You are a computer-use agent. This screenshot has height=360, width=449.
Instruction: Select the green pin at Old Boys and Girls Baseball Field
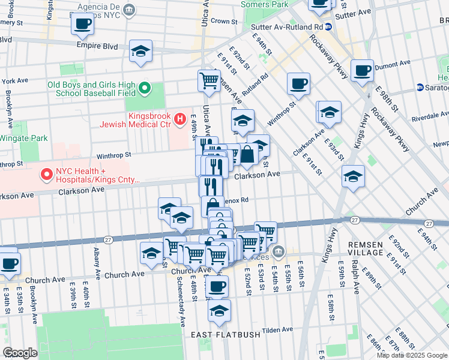145,89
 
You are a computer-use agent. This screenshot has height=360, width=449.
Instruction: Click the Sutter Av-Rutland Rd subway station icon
328,27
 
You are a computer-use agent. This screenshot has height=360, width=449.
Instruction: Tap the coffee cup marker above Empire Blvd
82,25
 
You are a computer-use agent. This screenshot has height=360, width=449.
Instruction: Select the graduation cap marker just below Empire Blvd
141,52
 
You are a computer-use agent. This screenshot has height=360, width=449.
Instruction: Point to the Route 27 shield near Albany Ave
108,239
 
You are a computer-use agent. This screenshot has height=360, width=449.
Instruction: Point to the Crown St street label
224,21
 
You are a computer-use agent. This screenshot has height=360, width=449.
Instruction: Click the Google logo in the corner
20,353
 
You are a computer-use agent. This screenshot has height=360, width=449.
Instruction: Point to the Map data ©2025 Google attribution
412,355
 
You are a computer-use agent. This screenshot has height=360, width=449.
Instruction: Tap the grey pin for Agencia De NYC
130,10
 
